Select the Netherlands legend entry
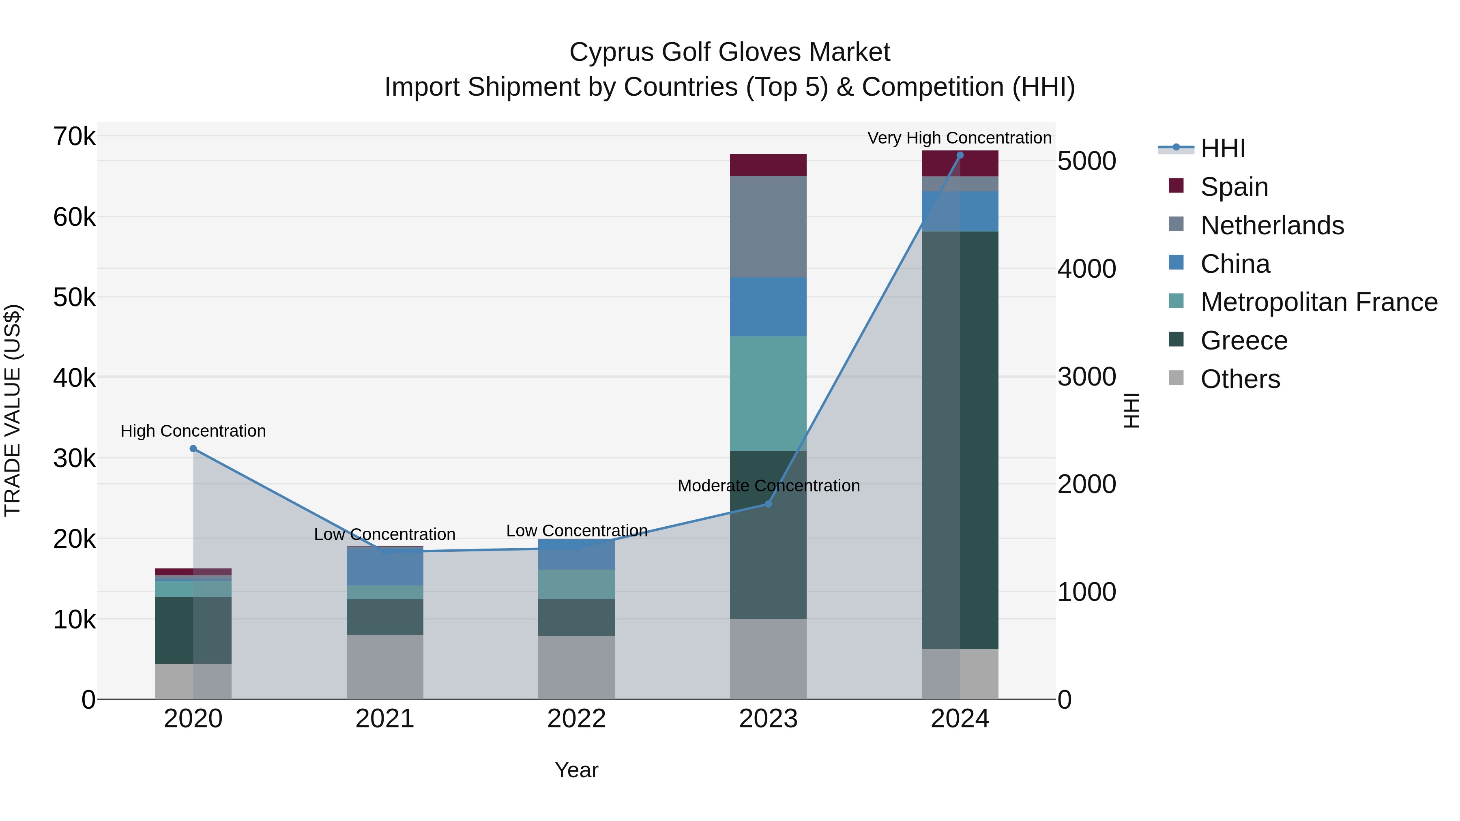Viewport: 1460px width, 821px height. (x=1271, y=225)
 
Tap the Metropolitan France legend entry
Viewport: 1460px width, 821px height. (x=1318, y=302)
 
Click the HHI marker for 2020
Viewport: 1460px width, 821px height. (x=193, y=449)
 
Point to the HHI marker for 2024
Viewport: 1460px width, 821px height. (x=960, y=155)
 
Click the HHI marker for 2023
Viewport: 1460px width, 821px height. (x=768, y=504)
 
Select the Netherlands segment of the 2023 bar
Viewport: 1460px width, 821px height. (x=768, y=227)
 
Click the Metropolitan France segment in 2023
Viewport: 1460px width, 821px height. (x=768, y=393)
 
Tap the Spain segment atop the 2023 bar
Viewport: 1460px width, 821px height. (x=768, y=165)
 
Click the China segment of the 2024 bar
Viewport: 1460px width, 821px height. (x=960, y=211)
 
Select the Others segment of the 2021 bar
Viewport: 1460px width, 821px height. (x=385, y=667)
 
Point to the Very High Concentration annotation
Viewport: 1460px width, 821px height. (x=959, y=138)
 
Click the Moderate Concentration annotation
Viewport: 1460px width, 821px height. (x=768, y=486)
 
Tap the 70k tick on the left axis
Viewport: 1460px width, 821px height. (x=74, y=137)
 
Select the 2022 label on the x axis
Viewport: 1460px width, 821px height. (x=576, y=719)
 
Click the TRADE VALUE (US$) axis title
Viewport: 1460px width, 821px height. (x=13, y=410)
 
